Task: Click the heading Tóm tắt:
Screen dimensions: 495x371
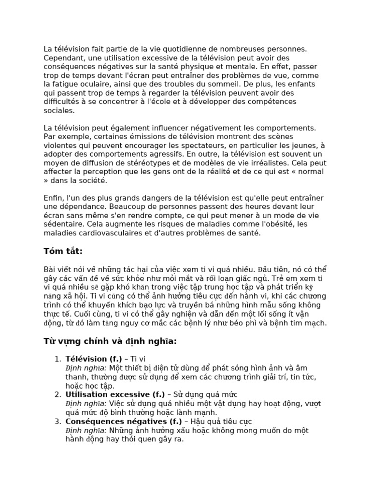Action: pos(63,251)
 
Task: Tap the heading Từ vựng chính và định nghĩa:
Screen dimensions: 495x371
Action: pos(110,342)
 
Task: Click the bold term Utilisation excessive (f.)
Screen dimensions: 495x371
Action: pos(115,394)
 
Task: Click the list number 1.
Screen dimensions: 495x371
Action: pos(57,359)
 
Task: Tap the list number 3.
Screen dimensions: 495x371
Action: pos(57,422)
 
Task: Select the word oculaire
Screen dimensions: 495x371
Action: pos(92,84)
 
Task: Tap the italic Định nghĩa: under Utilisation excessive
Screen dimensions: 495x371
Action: pos(86,404)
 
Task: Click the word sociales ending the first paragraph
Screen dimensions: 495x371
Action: pos(59,110)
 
